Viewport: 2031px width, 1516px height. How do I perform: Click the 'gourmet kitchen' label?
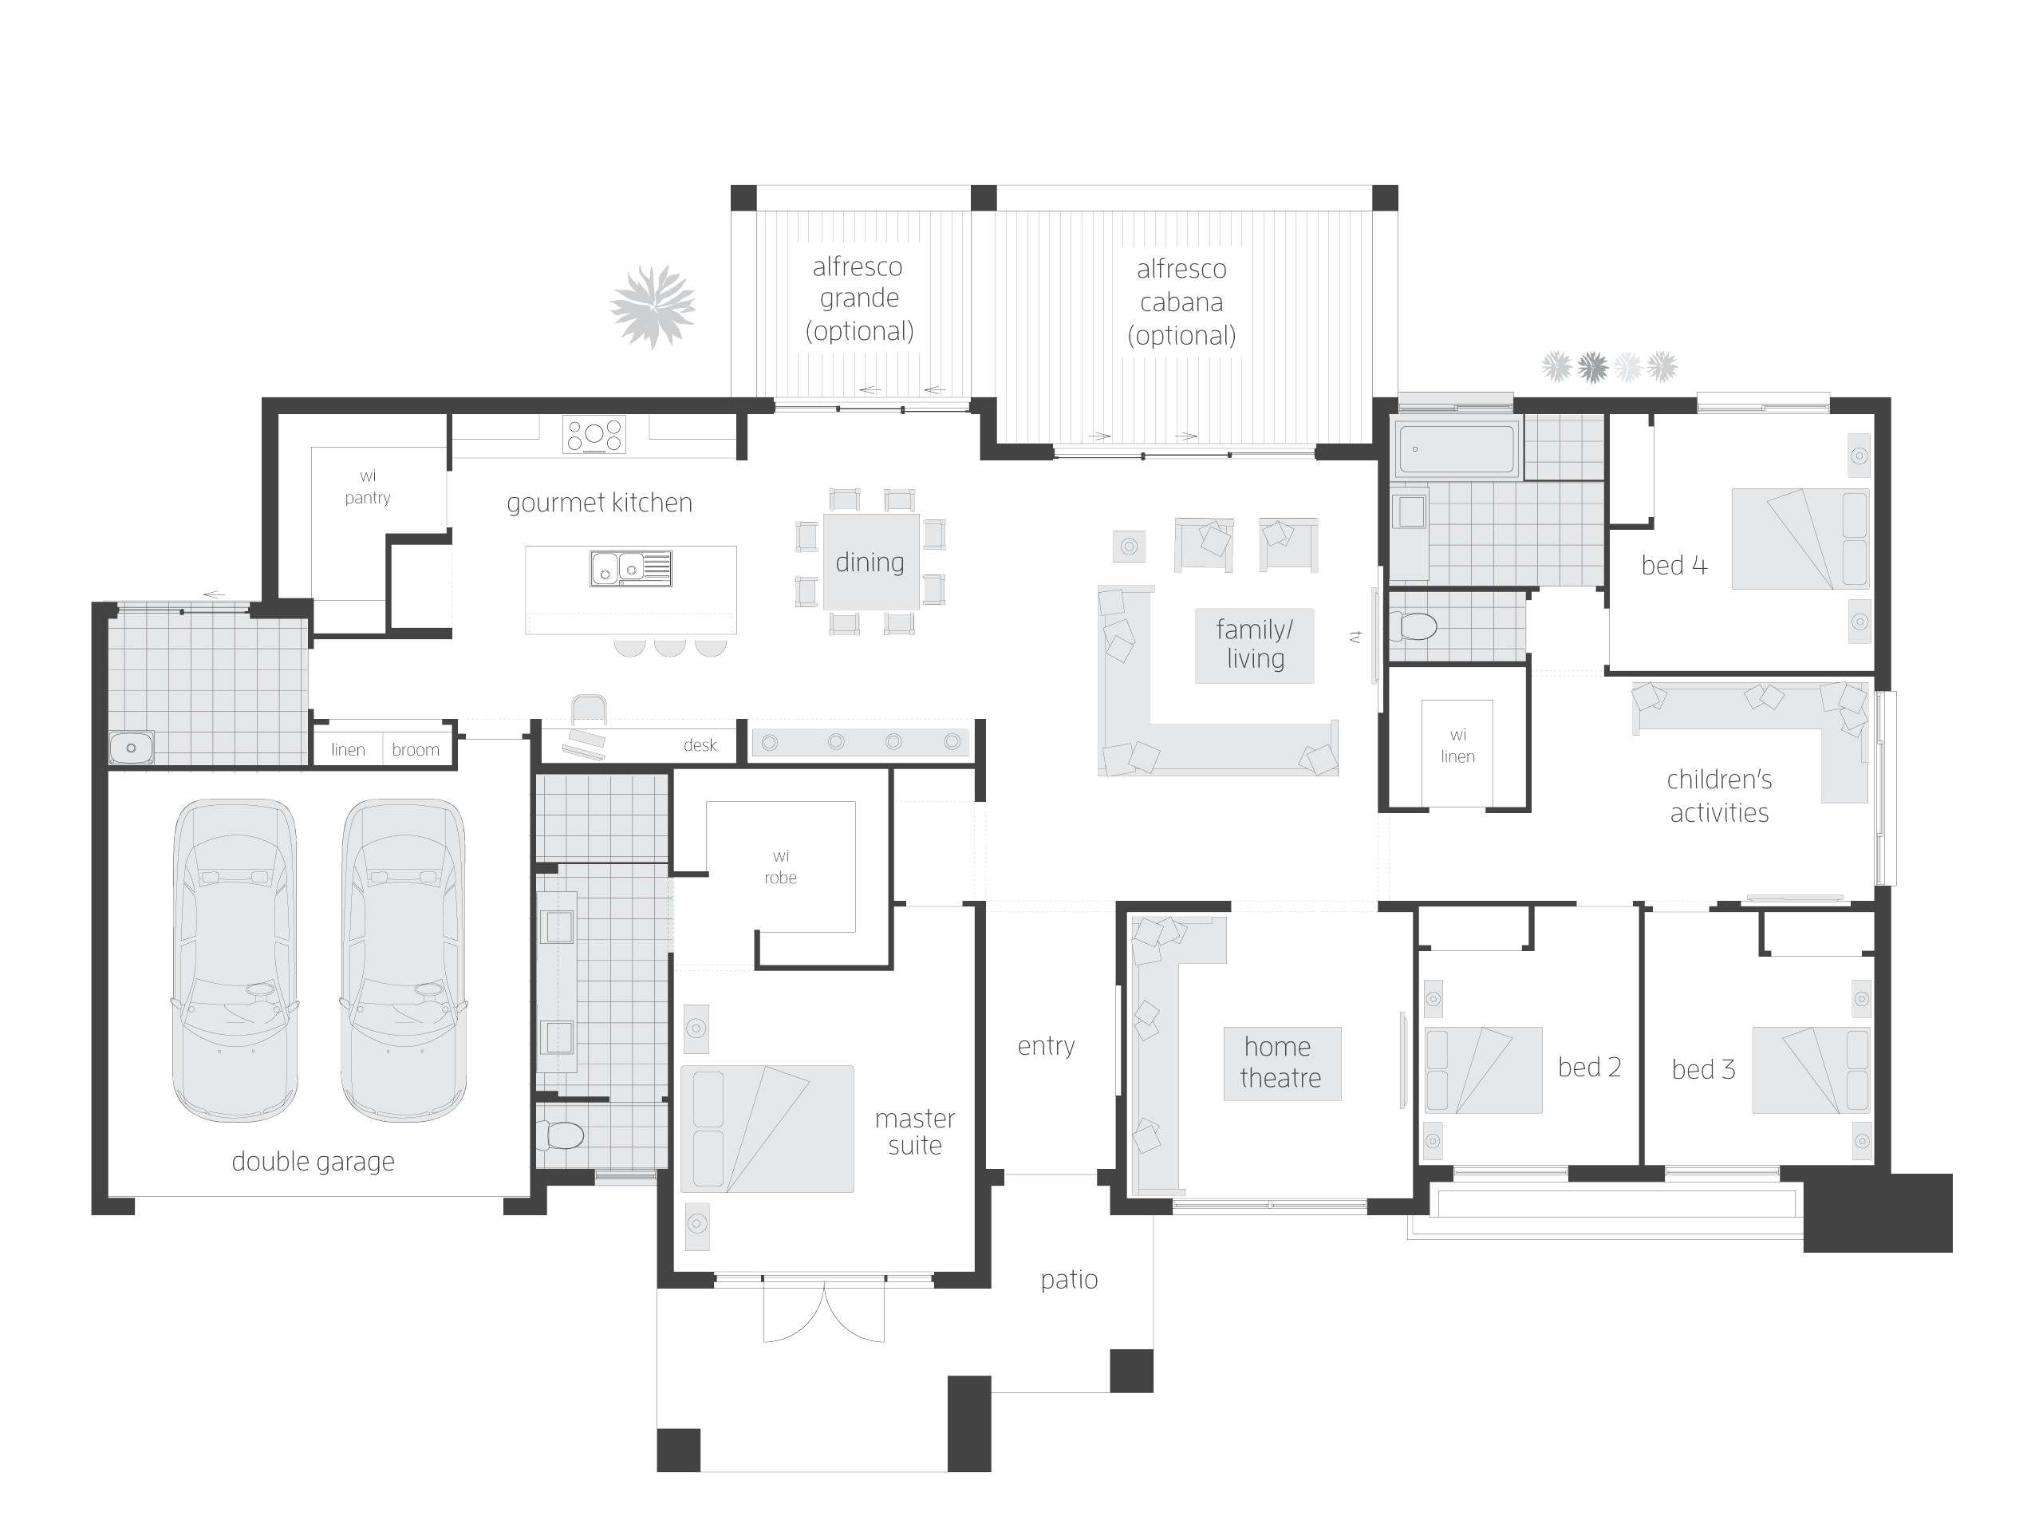(599, 503)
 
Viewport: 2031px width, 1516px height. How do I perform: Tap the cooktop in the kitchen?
(594, 434)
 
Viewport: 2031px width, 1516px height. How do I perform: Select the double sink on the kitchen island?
(630, 568)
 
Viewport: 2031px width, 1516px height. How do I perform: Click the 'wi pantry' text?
(368, 487)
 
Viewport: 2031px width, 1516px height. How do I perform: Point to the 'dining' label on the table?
(870, 562)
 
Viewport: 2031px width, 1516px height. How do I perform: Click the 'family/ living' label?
(1254, 644)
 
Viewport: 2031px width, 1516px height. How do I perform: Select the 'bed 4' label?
(1674, 565)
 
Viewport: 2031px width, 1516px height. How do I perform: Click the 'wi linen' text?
(1457, 745)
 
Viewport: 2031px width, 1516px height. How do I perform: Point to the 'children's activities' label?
(1719, 796)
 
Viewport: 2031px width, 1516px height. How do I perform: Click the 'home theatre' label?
(1280, 1062)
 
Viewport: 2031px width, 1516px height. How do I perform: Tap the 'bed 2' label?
(1589, 1068)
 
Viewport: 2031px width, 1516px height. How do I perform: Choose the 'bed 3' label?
(1703, 1069)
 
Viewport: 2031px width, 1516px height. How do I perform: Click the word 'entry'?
(1046, 1046)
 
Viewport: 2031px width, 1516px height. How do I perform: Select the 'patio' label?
(1069, 1279)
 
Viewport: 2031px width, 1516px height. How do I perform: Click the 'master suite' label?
(915, 1131)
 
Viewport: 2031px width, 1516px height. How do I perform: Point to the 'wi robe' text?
(781, 867)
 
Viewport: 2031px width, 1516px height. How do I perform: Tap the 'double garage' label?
(313, 1162)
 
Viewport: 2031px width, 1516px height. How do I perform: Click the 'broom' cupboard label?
(416, 750)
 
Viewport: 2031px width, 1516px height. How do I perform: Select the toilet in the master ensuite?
(562, 1136)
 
